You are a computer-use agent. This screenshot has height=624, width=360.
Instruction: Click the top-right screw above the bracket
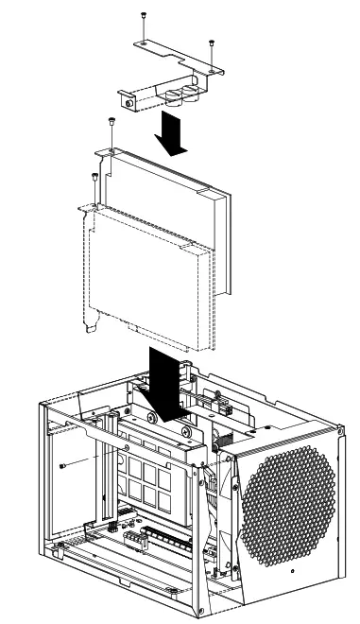(210, 43)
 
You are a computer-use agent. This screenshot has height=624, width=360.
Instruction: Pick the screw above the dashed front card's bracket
(93, 177)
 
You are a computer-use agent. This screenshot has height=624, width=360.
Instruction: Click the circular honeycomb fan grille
(289, 505)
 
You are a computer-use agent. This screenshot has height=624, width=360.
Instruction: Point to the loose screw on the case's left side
(62, 467)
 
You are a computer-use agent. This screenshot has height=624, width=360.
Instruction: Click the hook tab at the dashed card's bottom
(90, 327)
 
